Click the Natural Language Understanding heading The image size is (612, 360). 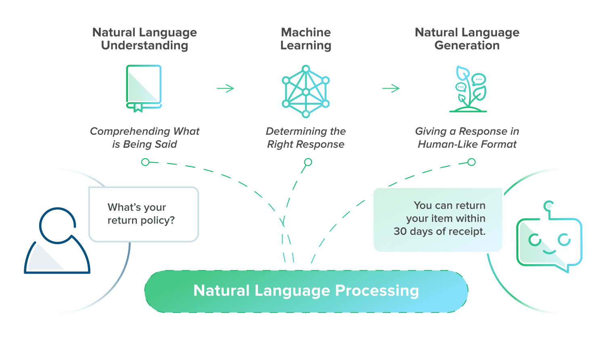[x=145, y=39]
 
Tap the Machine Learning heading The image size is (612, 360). [x=306, y=39]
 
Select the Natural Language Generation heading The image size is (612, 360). [x=467, y=39]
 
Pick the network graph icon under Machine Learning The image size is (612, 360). [x=306, y=91]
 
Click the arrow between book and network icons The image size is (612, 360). [x=225, y=88]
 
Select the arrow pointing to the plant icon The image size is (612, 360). [x=391, y=88]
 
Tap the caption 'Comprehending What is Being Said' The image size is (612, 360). [x=145, y=138]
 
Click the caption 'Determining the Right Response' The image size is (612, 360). [x=306, y=138]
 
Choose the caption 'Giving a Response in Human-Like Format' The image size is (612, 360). [x=467, y=138]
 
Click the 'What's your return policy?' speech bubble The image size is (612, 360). [x=143, y=214]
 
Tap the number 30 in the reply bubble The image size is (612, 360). [x=400, y=232]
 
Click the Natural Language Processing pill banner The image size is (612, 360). [x=306, y=291]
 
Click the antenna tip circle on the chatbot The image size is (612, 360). [x=549, y=206]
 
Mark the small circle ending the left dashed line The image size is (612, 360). [x=145, y=162]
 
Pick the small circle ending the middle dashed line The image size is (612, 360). [x=308, y=162]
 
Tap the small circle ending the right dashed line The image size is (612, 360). [x=472, y=162]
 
